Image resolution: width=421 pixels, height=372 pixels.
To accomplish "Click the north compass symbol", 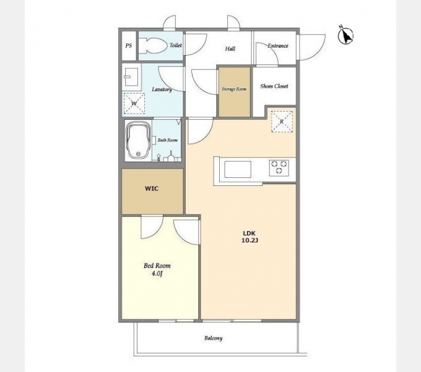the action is pyautogui.click(x=345, y=35).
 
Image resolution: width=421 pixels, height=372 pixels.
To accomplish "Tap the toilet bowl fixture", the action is pyautogui.click(x=154, y=45).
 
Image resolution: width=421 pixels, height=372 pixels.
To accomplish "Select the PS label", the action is pyautogui.click(x=129, y=46).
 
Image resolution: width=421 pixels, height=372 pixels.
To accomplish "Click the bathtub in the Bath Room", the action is pyautogui.click(x=139, y=141).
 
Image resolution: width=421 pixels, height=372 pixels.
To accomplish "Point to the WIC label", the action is pyautogui.click(x=152, y=188).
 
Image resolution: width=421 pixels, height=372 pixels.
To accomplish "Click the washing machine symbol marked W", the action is pyautogui.click(x=134, y=104).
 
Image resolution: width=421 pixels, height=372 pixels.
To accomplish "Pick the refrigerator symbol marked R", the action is pyautogui.click(x=282, y=122).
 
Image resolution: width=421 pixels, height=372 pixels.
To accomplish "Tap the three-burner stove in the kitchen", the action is pyautogui.click(x=279, y=167).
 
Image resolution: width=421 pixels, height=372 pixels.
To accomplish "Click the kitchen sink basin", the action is pyautogui.click(x=238, y=169).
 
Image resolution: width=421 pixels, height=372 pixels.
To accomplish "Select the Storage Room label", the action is pyautogui.click(x=234, y=89).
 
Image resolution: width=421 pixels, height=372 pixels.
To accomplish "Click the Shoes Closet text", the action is pyautogui.click(x=274, y=86).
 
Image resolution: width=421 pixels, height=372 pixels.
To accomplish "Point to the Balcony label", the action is pyautogui.click(x=214, y=338).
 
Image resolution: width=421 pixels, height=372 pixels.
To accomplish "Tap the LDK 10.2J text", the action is pyautogui.click(x=250, y=237).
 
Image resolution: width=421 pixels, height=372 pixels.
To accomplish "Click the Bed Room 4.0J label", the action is pyautogui.click(x=157, y=270).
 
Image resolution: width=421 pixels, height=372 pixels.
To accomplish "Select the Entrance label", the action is pyautogui.click(x=278, y=46).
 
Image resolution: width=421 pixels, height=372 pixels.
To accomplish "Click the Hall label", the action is pyautogui.click(x=230, y=48).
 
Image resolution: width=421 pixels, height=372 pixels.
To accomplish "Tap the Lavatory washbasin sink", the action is pyautogui.click(x=131, y=77).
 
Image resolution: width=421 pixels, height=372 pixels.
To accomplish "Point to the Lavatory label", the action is pyautogui.click(x=162, y=89).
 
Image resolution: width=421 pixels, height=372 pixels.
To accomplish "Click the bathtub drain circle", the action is pyautogui.click(x=138, y=154).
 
